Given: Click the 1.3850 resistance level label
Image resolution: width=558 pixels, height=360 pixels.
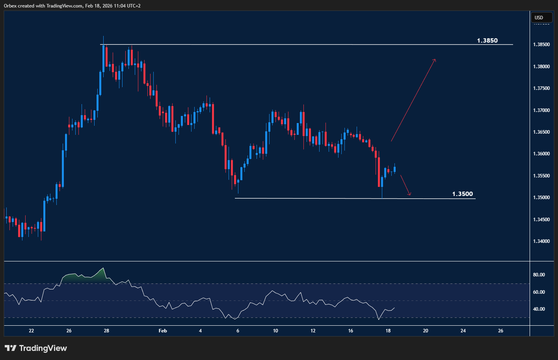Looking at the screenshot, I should coord(487,41).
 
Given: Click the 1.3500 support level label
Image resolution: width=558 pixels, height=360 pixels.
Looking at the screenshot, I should coord(462,194).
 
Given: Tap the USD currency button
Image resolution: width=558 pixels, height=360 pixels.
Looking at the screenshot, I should coord(539,17).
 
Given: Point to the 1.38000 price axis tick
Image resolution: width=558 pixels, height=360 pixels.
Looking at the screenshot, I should coord(541,67).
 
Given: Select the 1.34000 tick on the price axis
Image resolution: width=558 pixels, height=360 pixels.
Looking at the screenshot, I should coord(541,241).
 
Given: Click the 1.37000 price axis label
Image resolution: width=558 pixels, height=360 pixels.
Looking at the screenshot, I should coord(541,110).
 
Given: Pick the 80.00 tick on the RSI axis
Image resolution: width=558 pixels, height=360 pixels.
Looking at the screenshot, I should coord(539,275).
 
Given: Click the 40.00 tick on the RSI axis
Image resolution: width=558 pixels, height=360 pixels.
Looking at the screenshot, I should coord(539,309).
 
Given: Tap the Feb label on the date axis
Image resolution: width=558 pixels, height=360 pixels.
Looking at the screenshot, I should coord(163,331).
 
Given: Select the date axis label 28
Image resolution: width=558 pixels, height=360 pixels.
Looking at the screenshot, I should coord(106,331).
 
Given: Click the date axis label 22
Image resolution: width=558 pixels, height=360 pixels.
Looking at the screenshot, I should coord(32,331).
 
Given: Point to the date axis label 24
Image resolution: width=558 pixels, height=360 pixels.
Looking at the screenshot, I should coord(463,331).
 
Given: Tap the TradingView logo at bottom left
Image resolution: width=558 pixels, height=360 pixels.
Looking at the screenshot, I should coord(36,348).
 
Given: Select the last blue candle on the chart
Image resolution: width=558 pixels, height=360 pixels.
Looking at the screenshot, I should coord(395,170).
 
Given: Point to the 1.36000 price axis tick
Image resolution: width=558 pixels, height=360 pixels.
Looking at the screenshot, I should coord(541,154).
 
